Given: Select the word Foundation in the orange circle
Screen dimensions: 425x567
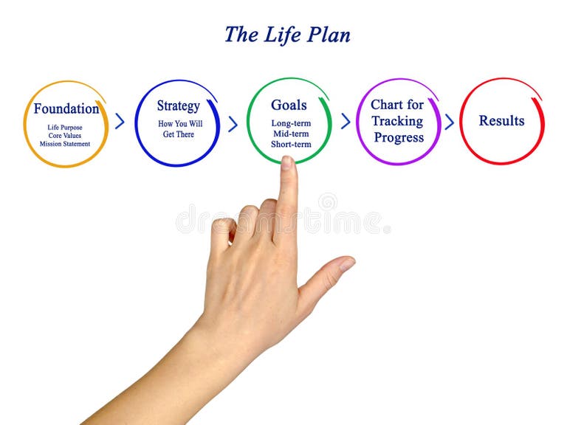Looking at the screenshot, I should tap(66, 109).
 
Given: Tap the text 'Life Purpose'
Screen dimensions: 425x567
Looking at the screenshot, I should tap(65, 128).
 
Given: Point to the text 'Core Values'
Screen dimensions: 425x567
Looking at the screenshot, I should tap(65, 136).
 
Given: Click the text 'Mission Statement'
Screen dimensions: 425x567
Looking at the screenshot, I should tap(65, 144).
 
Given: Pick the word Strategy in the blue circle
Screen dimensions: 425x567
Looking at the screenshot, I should tap(178, 106).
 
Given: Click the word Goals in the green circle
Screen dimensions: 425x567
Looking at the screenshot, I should tap(289, 105).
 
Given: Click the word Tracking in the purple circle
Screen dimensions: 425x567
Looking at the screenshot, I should tap(397, 121).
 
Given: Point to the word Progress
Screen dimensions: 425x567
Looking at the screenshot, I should tap(399, 137).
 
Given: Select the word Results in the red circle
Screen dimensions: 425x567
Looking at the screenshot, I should tap(501, 121).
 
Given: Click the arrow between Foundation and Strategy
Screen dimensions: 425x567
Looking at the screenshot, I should tap(120, 122).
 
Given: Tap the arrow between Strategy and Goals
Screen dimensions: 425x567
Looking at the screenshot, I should tap(233, 123).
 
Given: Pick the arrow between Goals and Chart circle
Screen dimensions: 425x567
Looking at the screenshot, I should tap(345, 122).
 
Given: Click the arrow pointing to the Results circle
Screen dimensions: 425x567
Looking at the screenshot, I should tap(449, 122).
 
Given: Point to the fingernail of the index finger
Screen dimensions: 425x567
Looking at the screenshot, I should tap(287, 163).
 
